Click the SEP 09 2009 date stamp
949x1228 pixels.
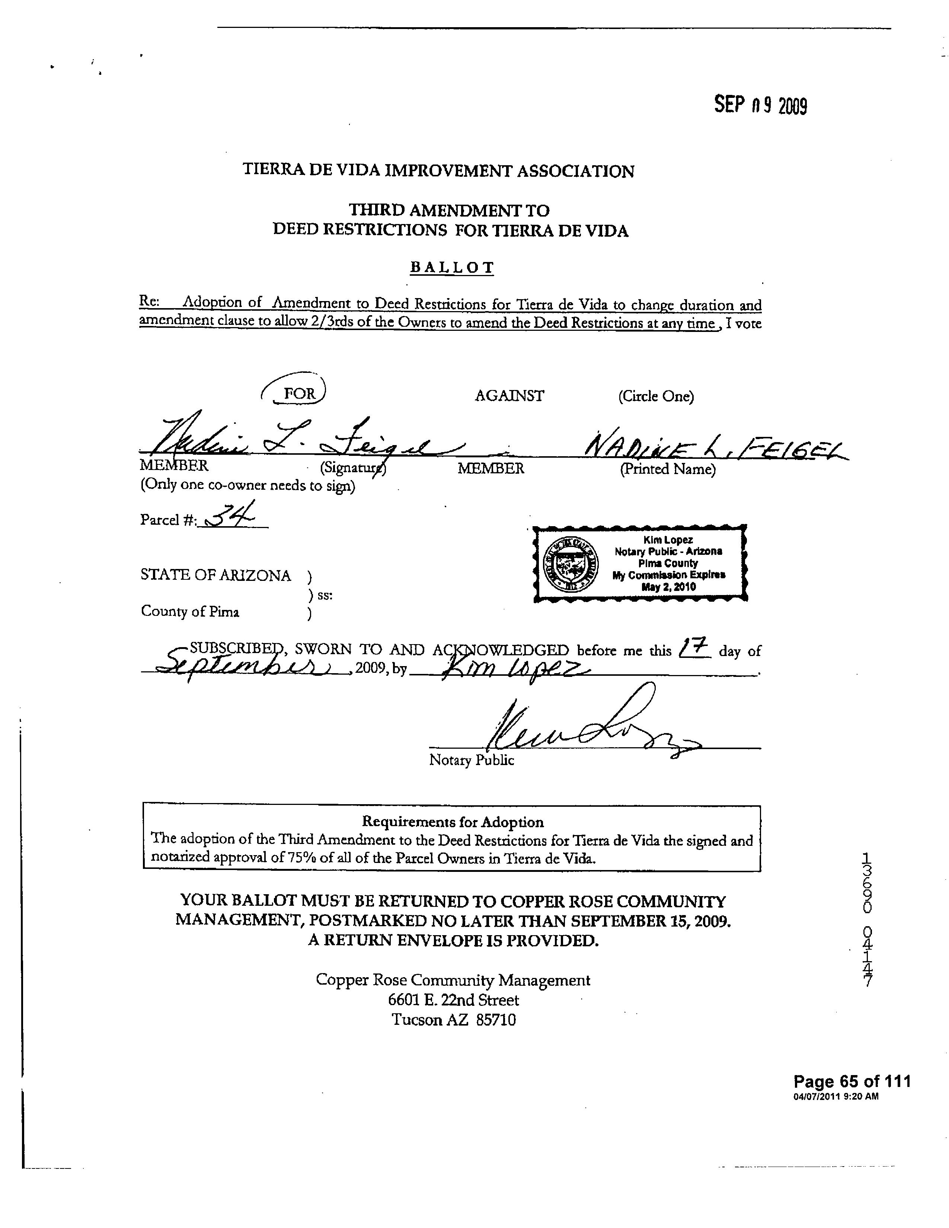point(760,105)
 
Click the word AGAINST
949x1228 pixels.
point(509,396)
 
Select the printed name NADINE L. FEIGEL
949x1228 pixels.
point(714,447)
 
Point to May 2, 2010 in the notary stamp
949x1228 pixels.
point(668,587)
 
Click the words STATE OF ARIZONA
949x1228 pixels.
point(216,575)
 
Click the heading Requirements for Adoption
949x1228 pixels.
point(453,822)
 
